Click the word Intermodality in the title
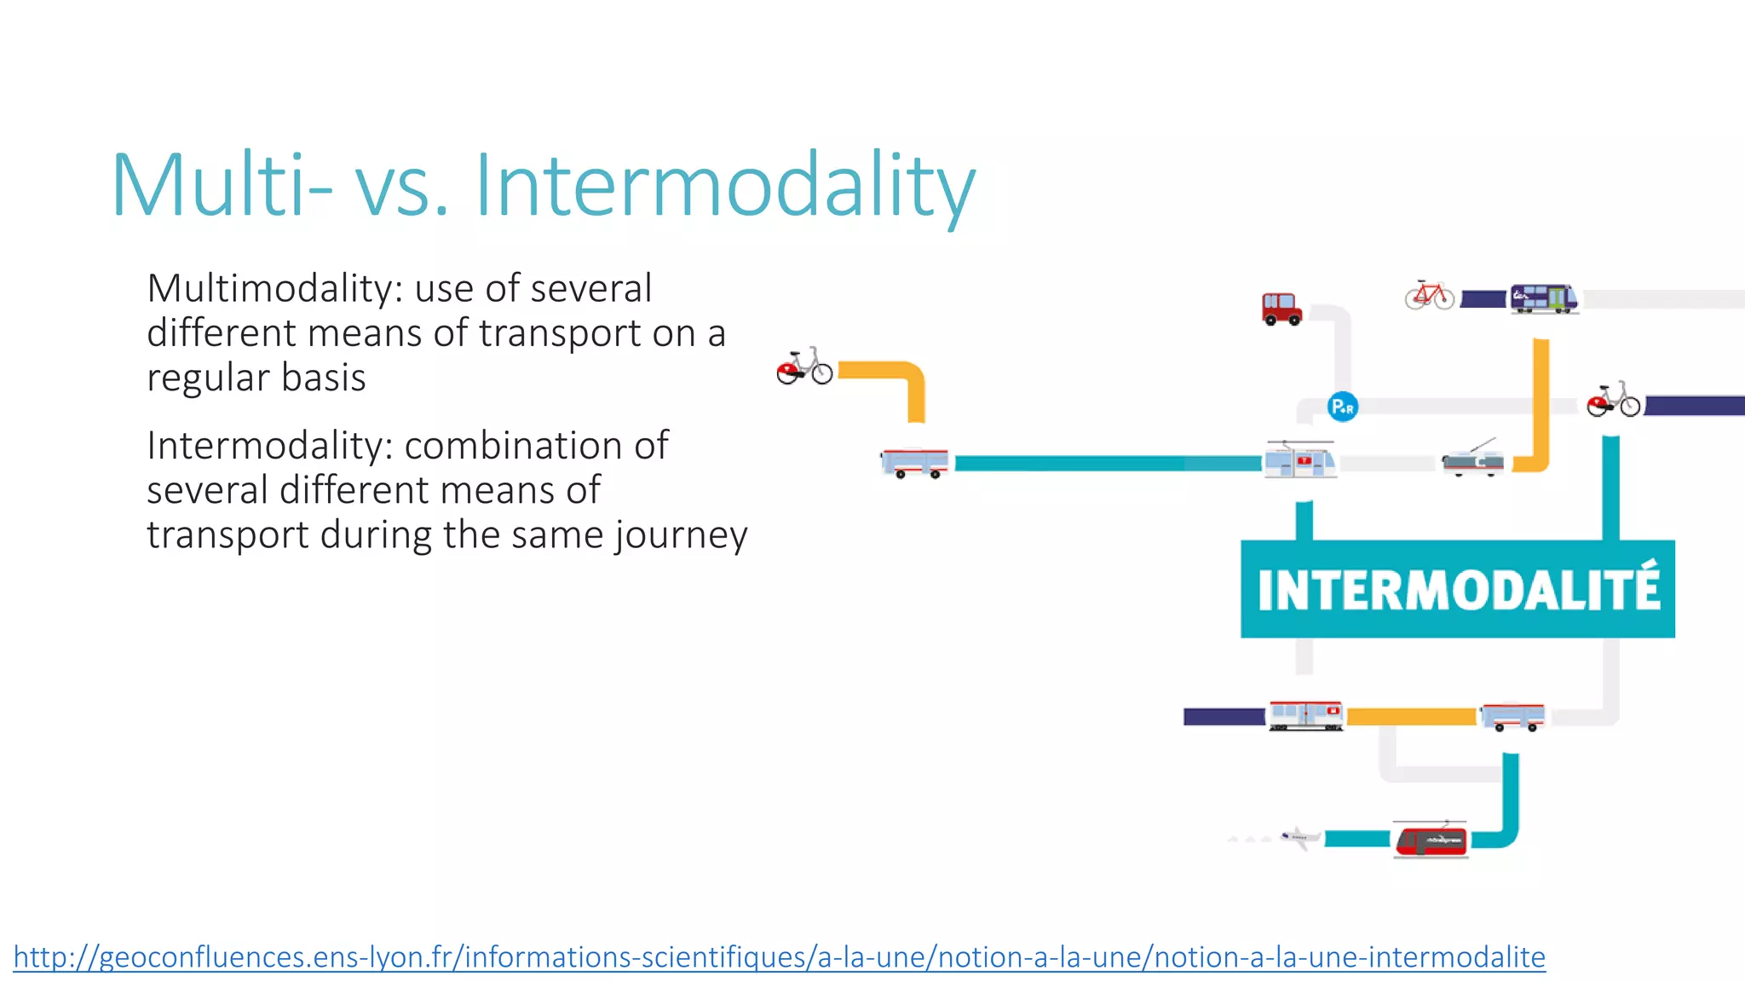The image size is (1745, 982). (724, 186)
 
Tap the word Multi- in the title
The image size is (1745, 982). (222, 186)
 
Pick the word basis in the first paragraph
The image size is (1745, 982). (324, 378)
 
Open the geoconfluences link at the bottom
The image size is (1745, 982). (779, 957)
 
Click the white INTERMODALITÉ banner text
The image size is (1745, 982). (1458, 589)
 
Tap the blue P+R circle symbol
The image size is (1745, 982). (1343, 407)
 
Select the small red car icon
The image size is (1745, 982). (1281, 309)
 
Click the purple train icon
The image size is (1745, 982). (1544, 298)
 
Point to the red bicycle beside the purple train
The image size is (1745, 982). (1430, 296)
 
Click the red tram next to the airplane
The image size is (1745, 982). (1431, 840)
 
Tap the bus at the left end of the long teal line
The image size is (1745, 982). (914, 463)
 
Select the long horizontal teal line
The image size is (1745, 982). (1108, 464)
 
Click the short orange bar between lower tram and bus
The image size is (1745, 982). (1411, 717)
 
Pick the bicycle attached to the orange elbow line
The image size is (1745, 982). (804, 367)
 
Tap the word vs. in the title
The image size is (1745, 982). (401, 186)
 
